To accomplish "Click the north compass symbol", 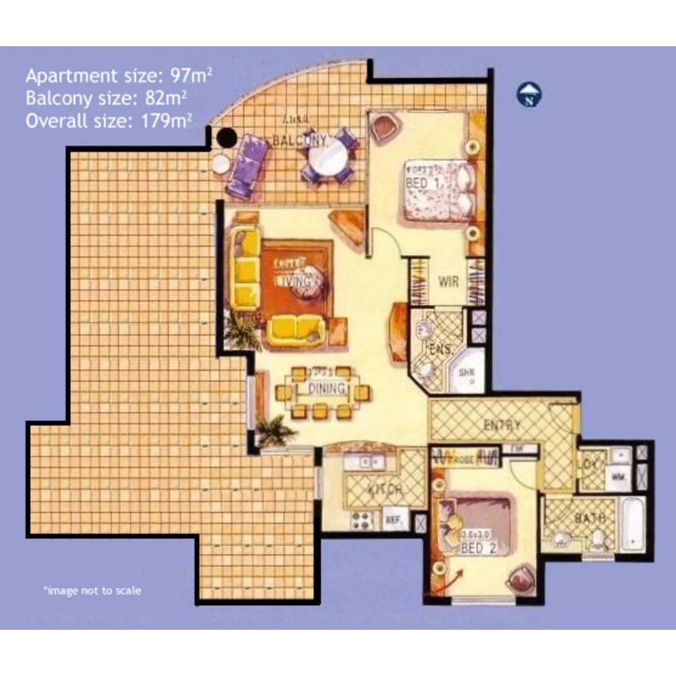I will click(x=530, y=95).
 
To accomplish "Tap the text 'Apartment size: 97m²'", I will click(x=119, y=76).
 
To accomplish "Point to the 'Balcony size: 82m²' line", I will click(x=106, y=98).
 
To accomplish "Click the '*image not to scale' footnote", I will click(x=92, y=590).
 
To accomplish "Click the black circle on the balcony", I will click(x=226, y=137).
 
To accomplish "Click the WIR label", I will click(x=448, y=281).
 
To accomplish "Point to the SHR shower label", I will click(x=467, y=372).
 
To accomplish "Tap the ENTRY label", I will click(x=502, y=426).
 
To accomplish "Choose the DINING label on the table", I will click(x=327, y=389).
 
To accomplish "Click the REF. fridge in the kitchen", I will click(x=393, y=520).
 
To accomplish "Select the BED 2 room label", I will click(x=471, y=549).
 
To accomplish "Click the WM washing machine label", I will click(x=619, y=477).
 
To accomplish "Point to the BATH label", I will click(x=590, y=518).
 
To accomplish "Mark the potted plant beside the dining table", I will click(x=275, y=431).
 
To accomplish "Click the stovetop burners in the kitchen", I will click(x=362, y=520).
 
